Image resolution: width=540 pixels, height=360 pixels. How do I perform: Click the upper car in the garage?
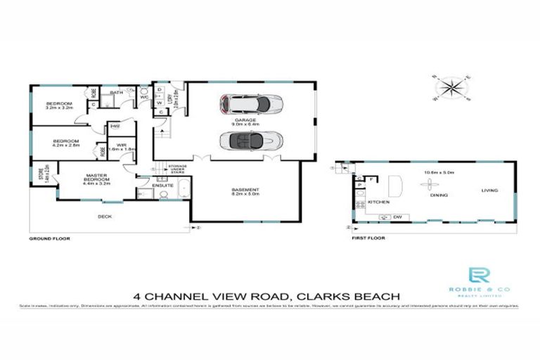point(252,104)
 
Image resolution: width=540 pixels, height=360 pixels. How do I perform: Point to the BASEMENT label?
point(246,191)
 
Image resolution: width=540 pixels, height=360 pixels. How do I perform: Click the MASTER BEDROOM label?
point(96,176)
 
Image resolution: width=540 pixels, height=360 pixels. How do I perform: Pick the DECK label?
point(105,217)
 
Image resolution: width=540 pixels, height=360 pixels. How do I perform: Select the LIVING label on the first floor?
point(489,191)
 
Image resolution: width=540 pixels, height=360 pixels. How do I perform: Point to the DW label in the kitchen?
point(397,216)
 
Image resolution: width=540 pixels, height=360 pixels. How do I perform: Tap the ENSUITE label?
point(162,186)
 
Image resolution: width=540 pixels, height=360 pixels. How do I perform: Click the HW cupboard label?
point(114,127)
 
